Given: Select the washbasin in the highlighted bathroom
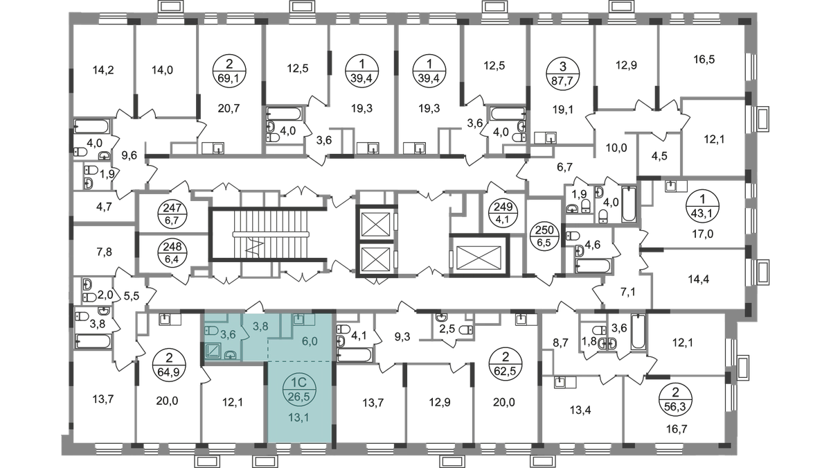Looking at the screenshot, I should point(231,355).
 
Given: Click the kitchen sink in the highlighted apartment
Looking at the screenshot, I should point(299,320).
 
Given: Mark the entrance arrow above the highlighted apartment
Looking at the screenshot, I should point(257,302).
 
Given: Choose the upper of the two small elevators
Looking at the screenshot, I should point(374,224).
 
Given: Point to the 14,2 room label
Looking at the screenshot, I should point(102,69).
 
